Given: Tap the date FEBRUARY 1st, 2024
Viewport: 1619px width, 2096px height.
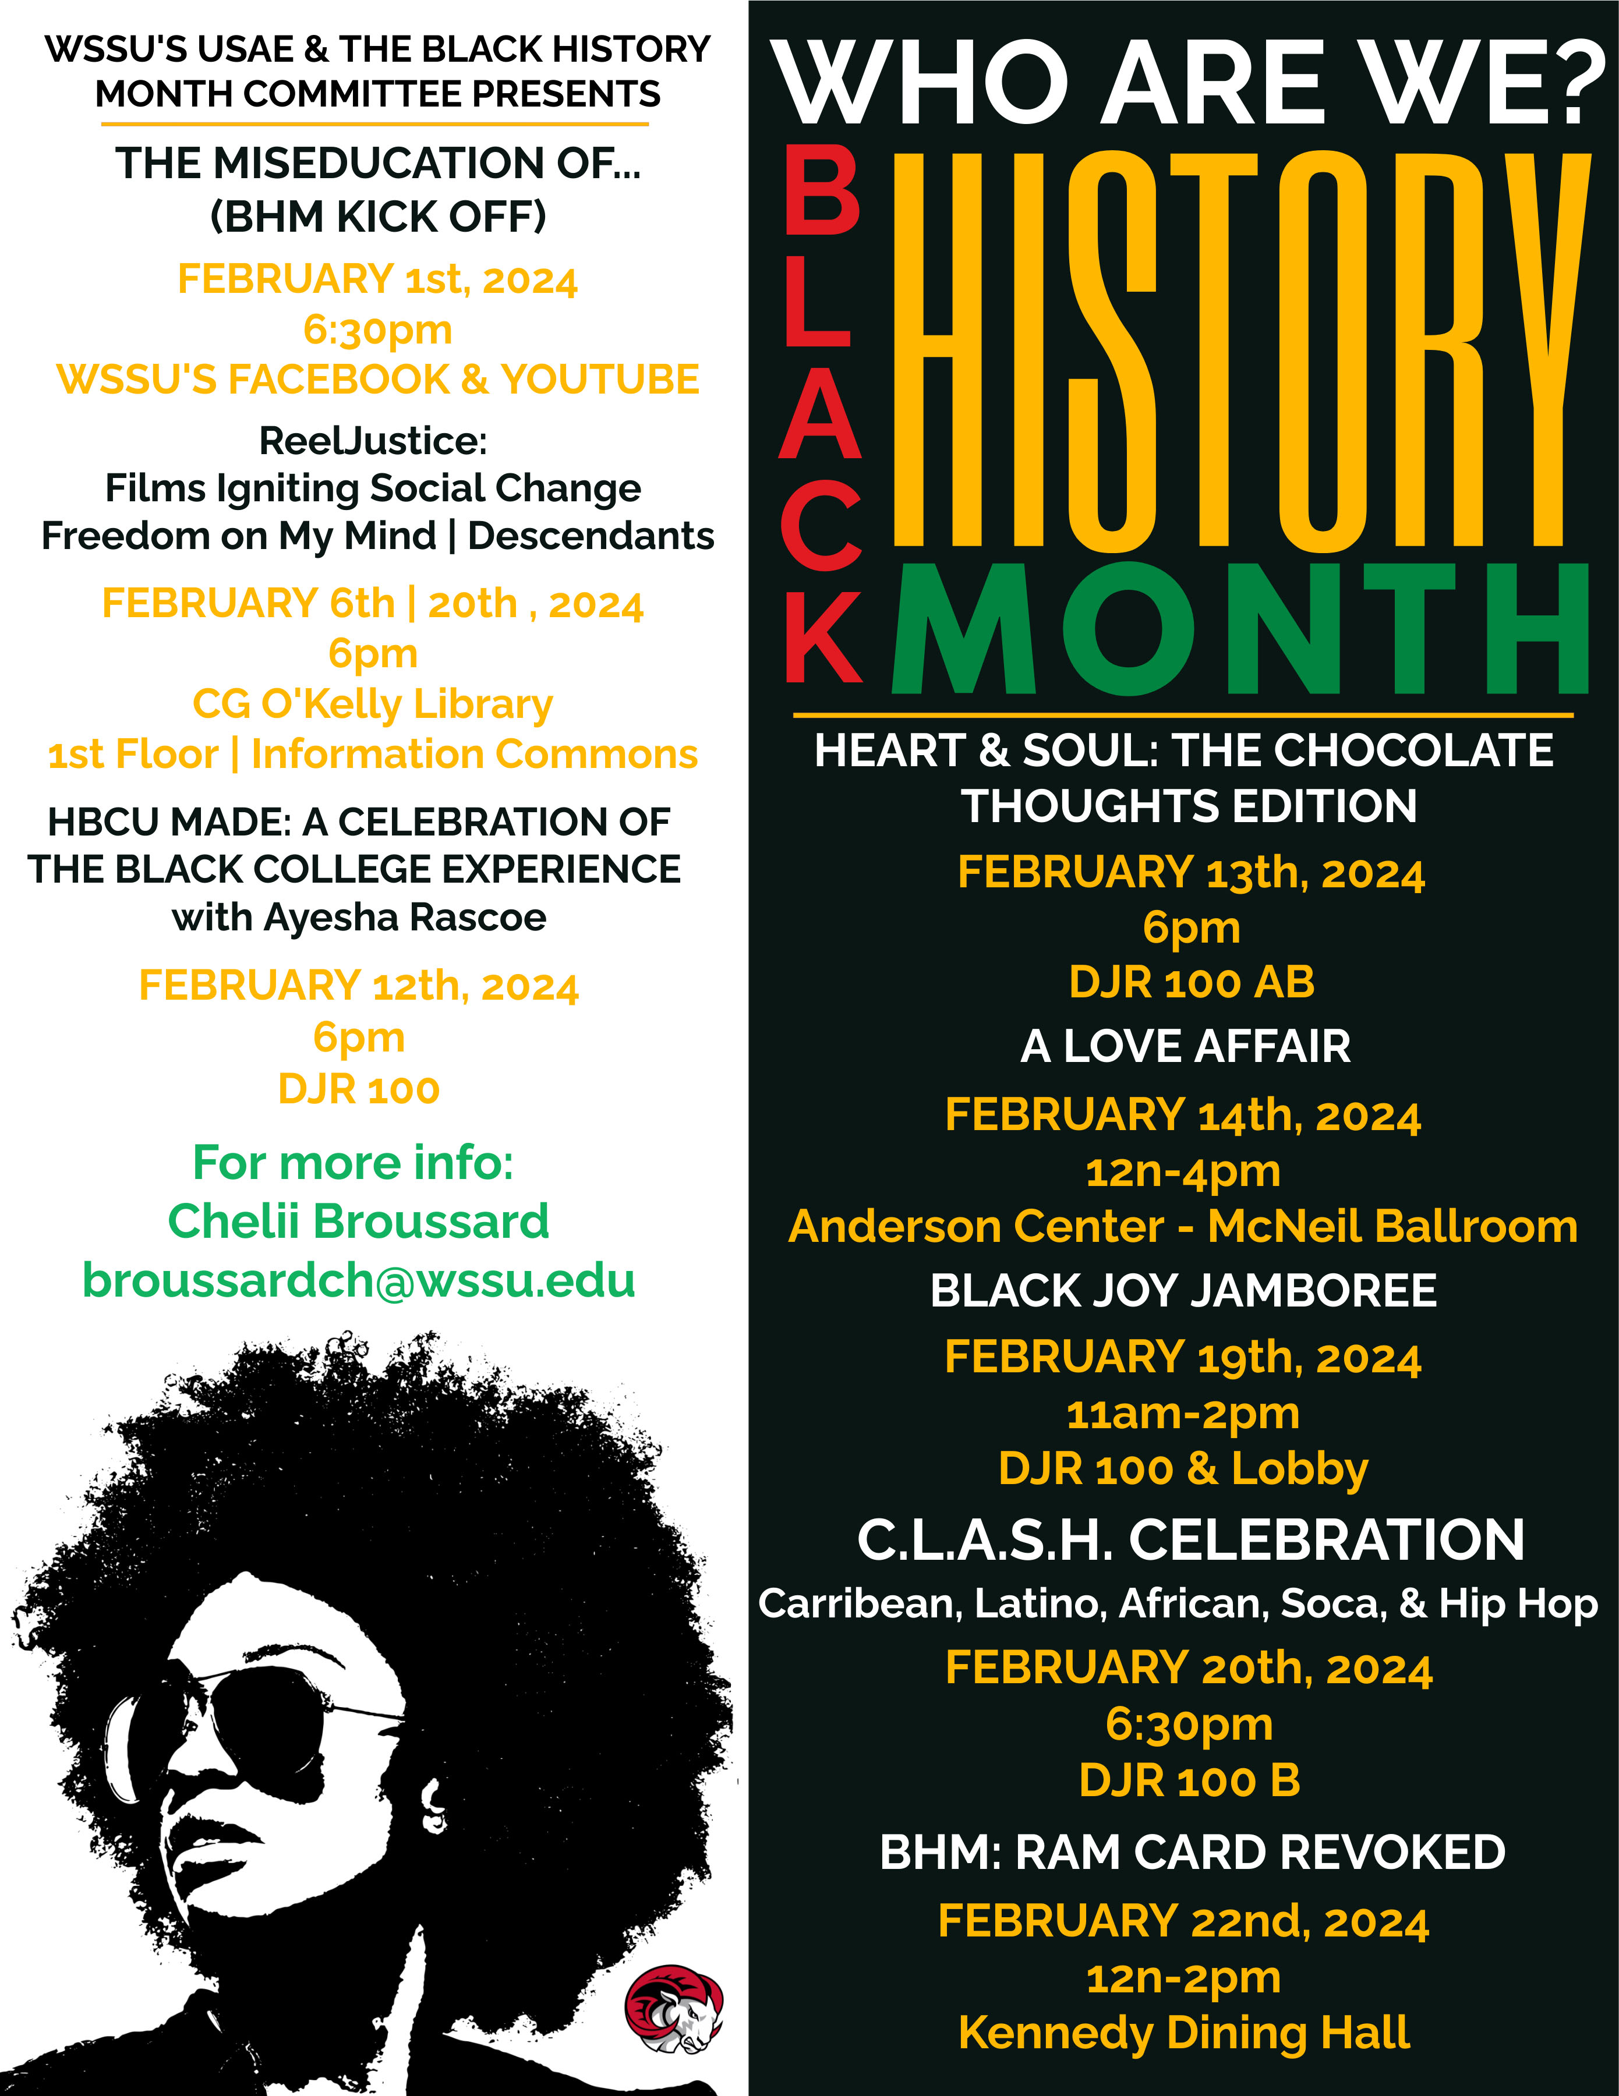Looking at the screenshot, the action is point(377,280).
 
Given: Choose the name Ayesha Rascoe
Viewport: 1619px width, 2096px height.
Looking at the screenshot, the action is point(405,918).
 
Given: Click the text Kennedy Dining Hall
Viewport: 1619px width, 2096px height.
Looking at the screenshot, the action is point(1185,2032).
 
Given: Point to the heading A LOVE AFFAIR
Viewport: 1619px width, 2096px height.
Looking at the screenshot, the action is point(1185,1046).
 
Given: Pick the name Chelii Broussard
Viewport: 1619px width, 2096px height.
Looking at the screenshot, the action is point(359,1222).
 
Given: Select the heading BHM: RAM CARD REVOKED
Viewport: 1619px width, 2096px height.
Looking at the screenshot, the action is point(1192,1852).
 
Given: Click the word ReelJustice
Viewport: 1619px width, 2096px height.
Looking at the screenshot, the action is point(373,441).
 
